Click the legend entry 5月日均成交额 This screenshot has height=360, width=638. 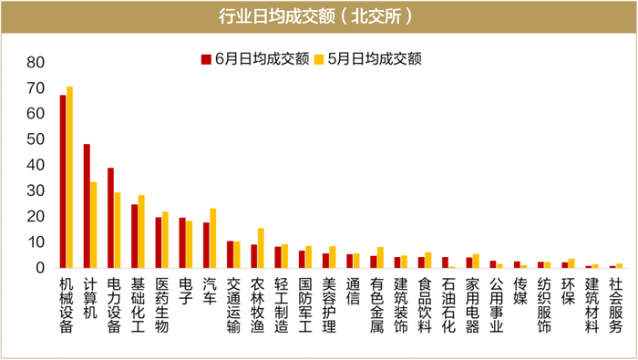(x=365, y=58)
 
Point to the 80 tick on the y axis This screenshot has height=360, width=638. (x=36, y=63)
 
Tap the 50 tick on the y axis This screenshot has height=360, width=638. (x=36, y=139)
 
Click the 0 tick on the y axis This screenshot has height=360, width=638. (x=40, y=268)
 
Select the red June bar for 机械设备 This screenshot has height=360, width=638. (x=63, y=181)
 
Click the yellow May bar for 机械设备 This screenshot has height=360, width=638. (x=70, y=178)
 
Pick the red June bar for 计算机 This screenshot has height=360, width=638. (x=87, y=206)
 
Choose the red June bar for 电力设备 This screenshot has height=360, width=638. (x=110, y=218)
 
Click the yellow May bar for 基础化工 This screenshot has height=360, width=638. (x=141, y=231)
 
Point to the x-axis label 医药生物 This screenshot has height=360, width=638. (x=161, y=305)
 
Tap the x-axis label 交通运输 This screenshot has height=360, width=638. (x=233, y=305)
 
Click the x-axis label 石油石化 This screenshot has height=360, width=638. (x=448, y=305)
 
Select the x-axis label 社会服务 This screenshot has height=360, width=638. (x=614, y=305)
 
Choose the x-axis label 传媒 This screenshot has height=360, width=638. (x=520, y=291)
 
